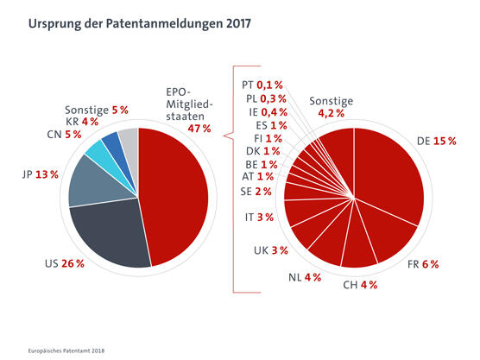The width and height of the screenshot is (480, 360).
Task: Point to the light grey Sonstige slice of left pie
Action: coord(129,135)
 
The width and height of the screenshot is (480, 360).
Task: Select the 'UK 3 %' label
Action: coord(268,249)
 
